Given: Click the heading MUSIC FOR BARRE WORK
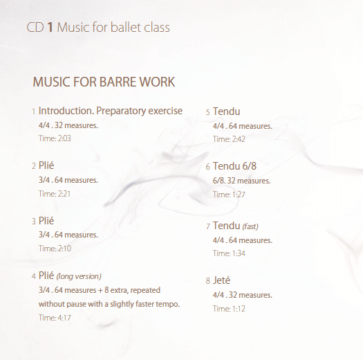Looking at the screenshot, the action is click(104, 82).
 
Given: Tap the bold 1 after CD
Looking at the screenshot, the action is click(50, 28).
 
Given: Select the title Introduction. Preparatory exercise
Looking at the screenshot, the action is click(111, 111).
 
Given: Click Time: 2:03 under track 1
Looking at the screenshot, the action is click(55, 138).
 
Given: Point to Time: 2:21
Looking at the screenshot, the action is click(55, 194).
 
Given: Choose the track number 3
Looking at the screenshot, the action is click(34, 222).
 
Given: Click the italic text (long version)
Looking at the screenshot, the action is click(79, 276).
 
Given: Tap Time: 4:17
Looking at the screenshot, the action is click(55, 318).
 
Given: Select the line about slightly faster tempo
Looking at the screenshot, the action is click(109, 304).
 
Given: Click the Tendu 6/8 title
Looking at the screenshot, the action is click(234, 166).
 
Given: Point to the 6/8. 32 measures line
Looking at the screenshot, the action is click(241, 181).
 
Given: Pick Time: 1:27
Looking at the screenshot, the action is click(229, 195).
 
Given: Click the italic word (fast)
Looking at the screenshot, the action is click(250, 226).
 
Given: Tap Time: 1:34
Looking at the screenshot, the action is click(229, 253).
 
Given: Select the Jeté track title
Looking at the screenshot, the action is click(221, 280).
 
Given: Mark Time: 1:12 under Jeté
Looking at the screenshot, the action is click(229, 309).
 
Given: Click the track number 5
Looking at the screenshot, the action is click(208, 112).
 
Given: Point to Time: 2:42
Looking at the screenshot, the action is click(229, 139).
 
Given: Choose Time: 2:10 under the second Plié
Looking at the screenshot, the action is click(55, 249).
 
